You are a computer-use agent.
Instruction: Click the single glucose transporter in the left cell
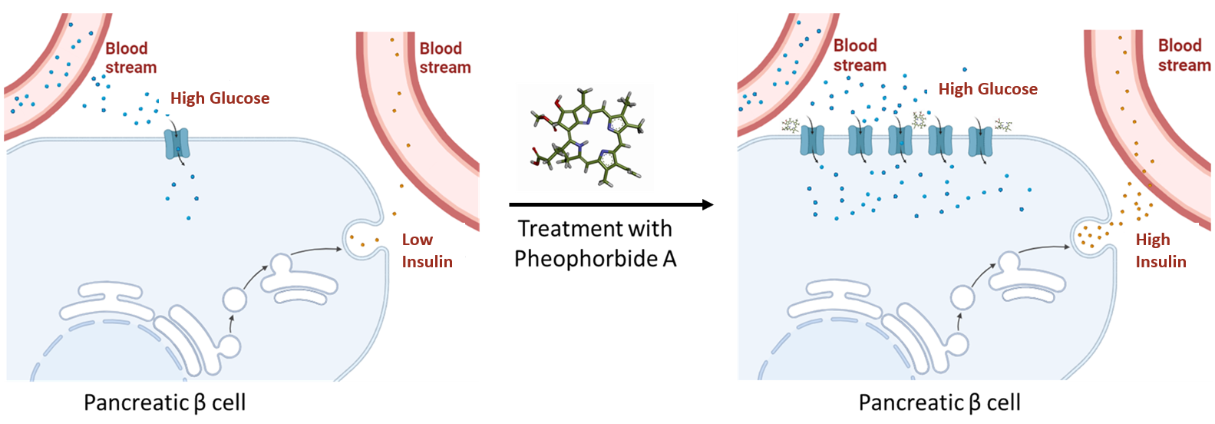tap(177, 144)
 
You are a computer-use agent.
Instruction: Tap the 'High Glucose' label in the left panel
tap(220, 98)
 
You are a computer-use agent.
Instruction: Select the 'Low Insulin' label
tap(427, 250)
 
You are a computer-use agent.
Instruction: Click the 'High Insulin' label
tap(1161, 250)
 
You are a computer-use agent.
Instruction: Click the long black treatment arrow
tap(611, 204)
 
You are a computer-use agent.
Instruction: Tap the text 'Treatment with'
tap(595, 229)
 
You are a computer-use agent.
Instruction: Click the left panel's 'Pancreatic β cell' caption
tap(164, 402)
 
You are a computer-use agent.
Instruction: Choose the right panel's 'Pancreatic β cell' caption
tap(939, 402)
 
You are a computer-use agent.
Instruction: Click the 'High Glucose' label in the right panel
tap(988, 89)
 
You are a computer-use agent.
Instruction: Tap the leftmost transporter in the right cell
tap(812, 141)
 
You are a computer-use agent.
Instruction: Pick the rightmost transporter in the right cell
tap(980, 141)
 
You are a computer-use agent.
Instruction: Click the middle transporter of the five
tap(900, 141)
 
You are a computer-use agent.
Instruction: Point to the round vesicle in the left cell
tap(236, 300)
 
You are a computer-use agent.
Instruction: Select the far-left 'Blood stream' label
tap(130, 58)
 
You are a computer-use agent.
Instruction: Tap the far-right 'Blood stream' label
tap(1184, 55)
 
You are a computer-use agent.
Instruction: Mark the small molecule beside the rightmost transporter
tap(1003, 124)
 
